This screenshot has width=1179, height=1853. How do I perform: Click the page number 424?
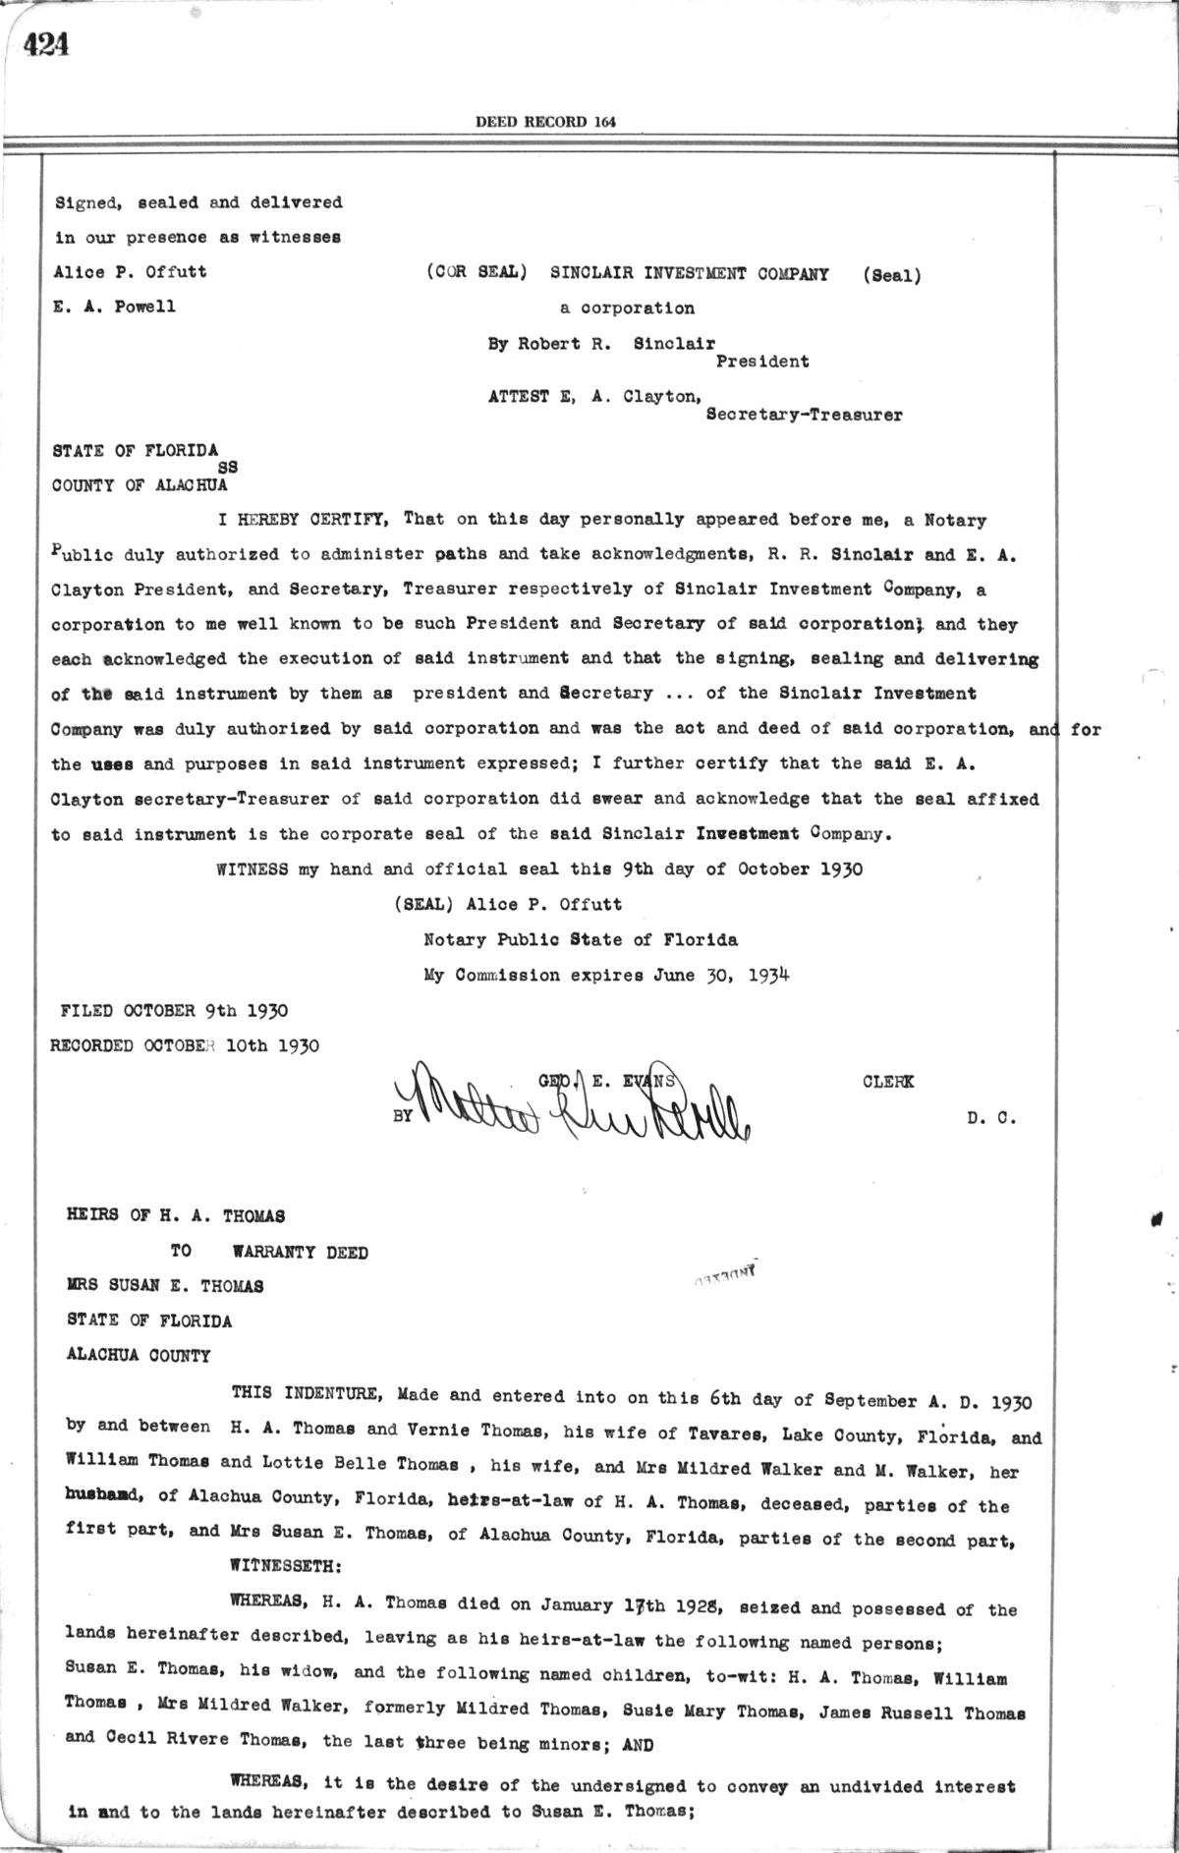click(x=46, y=45)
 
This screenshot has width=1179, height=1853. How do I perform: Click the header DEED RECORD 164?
click(x=545, y=122)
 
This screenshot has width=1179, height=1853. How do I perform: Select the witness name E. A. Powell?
click(x=115, y=307)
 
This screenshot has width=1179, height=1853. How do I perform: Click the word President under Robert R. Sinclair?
click(x=761, y=362)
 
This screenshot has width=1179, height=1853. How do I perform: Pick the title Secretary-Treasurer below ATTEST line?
click(x=804, y=415)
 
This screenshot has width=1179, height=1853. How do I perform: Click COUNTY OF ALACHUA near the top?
click(x=140, y=485)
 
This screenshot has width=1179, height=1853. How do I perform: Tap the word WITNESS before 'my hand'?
click(x=252, y=870)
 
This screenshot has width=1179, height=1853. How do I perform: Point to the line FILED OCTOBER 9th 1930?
click(x=174, y=1010)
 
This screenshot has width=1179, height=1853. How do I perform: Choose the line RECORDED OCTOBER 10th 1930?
click(x=185, y=1045)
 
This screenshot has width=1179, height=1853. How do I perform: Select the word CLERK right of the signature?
click(x=887, y=1082)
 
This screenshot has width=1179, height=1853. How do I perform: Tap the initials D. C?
click(x=990, y=1117)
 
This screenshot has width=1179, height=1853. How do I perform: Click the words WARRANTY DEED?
click(x=300, y=1253)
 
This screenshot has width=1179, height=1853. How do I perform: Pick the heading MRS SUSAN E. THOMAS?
click(x=164, y=1286)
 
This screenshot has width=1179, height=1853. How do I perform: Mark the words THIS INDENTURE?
click(x=300, y=1394)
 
